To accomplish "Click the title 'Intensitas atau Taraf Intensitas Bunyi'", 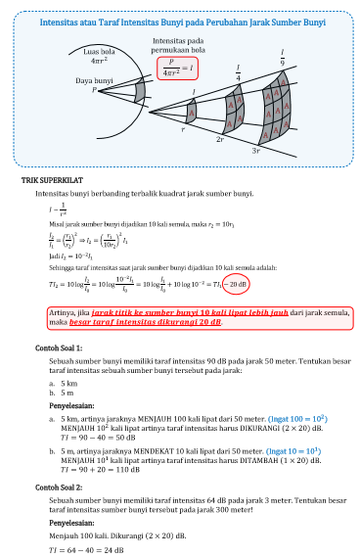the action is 180,21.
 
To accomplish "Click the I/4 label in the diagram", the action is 238,73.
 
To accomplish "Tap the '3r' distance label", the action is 255,152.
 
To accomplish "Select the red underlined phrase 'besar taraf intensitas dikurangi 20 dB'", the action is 158,320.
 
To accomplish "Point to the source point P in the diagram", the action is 96,90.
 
